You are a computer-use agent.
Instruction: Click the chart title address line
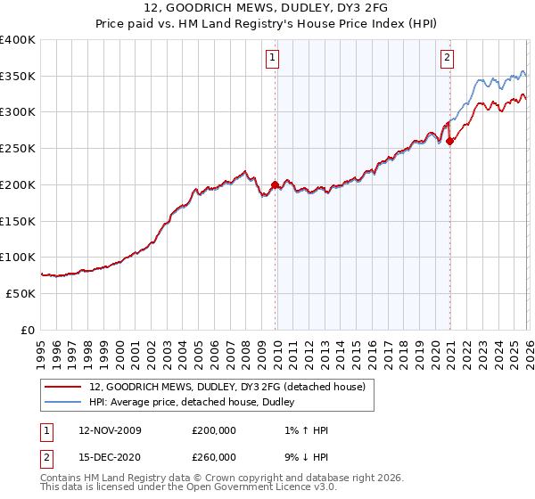pos(267,8)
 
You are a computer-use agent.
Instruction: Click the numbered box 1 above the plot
pos(271,59)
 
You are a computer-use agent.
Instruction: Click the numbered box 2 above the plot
pos(446,59)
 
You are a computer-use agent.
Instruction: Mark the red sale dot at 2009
pos(275,184)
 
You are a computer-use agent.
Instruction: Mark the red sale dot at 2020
pos(450,140)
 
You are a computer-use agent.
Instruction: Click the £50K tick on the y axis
pos(21,293)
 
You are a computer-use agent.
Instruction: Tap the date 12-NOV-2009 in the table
pos(110,430)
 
